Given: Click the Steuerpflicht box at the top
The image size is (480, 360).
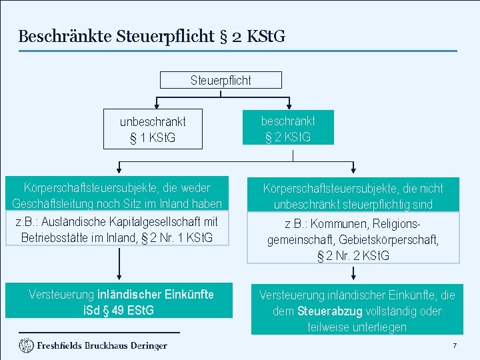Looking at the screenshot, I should point(221,80).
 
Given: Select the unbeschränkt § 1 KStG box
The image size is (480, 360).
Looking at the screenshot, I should point(153,129).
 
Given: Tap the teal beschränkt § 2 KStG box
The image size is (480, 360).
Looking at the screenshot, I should point(288,129).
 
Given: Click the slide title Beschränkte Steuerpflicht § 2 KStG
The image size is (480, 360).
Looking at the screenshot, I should point(151,36).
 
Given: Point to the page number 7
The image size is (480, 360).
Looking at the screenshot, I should point(454,345).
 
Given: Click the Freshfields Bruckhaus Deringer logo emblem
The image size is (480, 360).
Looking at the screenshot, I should point(26,345).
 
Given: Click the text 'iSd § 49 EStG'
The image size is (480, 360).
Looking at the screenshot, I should point(119,310).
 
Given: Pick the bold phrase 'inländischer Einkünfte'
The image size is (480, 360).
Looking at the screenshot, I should point(155,294).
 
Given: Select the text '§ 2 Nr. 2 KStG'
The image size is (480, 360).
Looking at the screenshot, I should point(353,255).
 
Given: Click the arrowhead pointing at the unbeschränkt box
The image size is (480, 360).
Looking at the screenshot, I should point(155,106).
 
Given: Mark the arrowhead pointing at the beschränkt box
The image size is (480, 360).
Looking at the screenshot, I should point(288,106).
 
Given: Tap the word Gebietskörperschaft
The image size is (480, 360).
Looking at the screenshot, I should point(397,240).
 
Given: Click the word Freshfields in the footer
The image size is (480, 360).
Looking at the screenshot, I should point(59,345).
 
